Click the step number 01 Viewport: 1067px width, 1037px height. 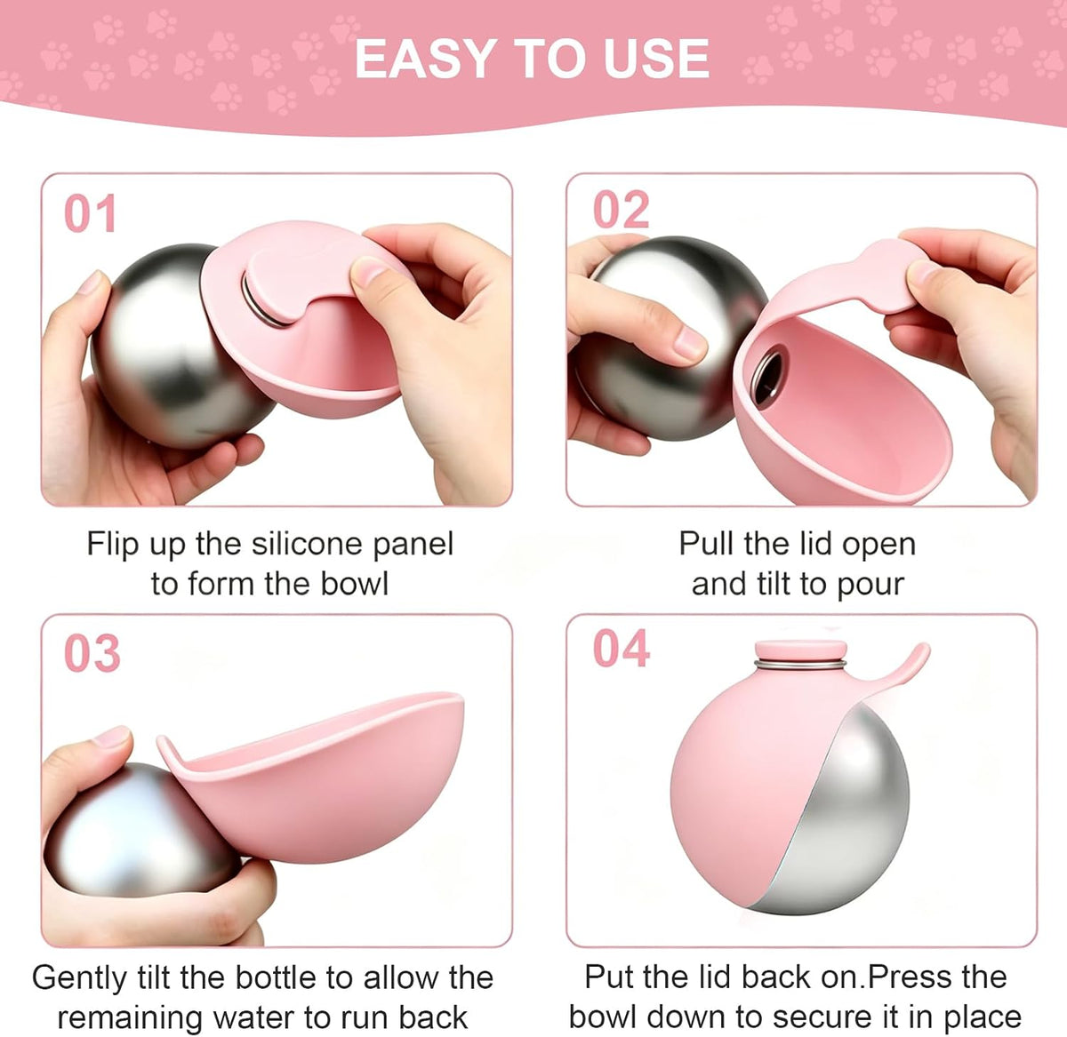click(x=90, y=214)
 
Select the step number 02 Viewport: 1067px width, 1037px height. click(x=622, y=210)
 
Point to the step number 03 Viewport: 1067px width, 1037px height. click(x=92, y=653)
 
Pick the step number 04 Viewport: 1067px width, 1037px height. click(x=622, y=649)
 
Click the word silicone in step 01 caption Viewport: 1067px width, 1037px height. click(x=309, y=544)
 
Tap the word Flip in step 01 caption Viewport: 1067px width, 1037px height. click(x=112, y=546)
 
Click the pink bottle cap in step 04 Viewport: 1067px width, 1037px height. click(x=800, y=650)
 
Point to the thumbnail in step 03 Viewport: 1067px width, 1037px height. click(x=111, y=738)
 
